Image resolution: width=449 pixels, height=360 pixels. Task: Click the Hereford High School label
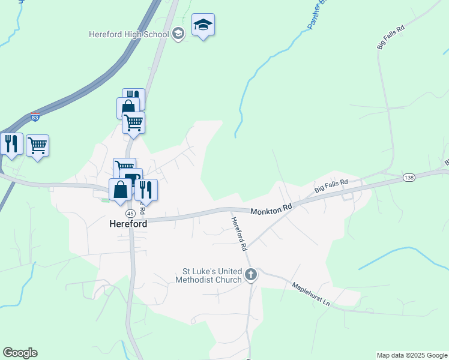(128, 34)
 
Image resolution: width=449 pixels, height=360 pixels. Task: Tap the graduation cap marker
(203, 25)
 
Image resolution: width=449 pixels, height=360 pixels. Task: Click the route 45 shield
(130, 214)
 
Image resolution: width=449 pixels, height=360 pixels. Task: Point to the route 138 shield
(409, 178)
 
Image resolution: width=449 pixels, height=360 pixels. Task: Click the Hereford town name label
(128, 224)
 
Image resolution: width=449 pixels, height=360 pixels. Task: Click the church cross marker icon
(251, 275)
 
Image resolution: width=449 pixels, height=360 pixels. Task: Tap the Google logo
(20, 353)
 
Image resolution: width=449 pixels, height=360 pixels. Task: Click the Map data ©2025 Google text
(412, 355)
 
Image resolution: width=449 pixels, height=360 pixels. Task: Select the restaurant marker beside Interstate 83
(11, 145)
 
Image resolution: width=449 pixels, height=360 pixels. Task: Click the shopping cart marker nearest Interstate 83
(37, 145)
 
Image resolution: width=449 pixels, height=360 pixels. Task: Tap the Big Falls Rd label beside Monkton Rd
(331, 186)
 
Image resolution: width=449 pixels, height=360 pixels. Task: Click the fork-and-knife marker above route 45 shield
(146, 190)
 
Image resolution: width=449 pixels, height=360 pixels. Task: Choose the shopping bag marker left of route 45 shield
(120, 190)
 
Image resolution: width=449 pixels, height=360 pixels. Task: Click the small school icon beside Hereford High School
(178, 34)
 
